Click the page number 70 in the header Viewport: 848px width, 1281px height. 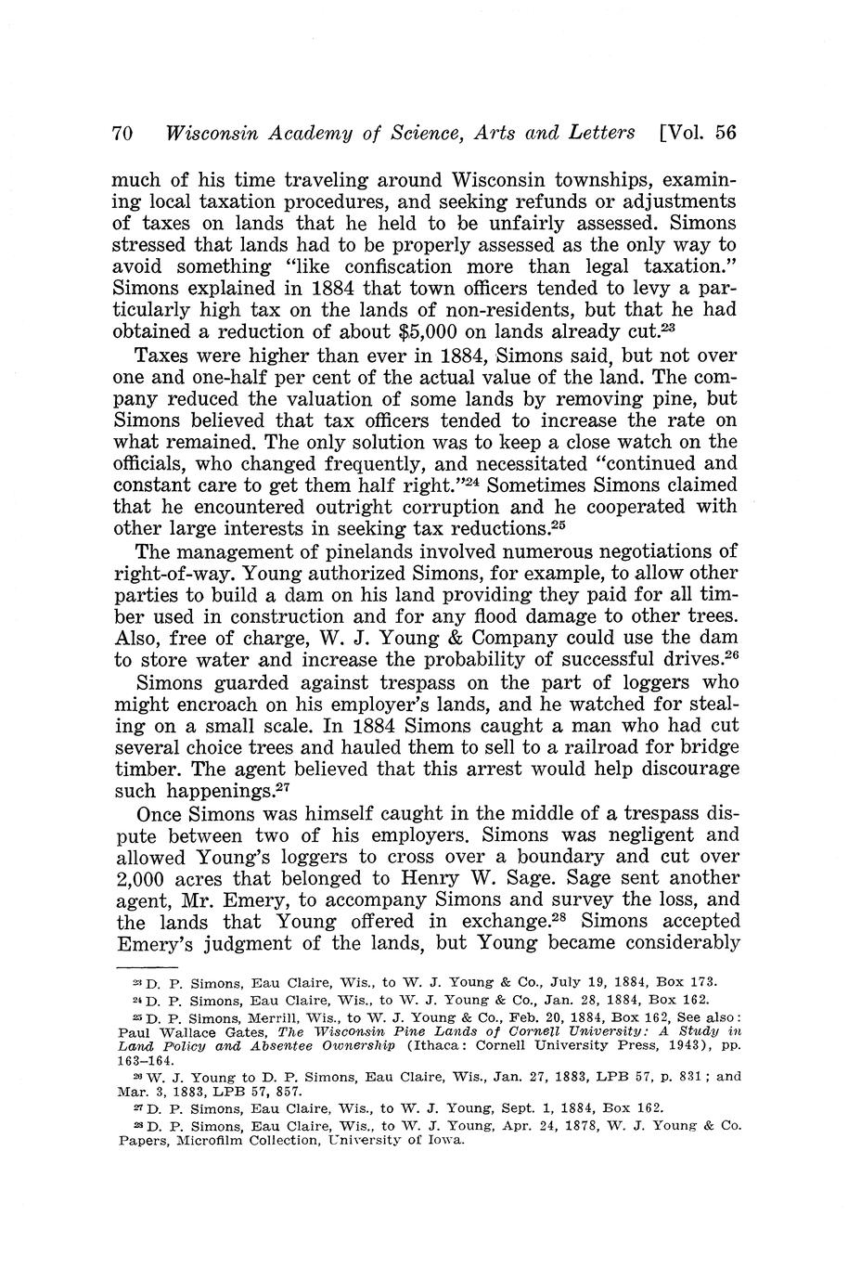click(x=123, y=133)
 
